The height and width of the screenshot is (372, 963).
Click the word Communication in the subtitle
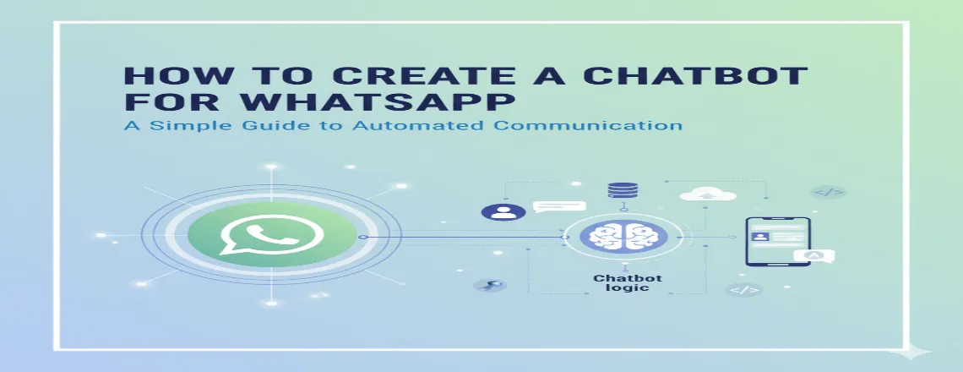588,127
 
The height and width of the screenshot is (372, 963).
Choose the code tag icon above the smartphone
828,192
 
